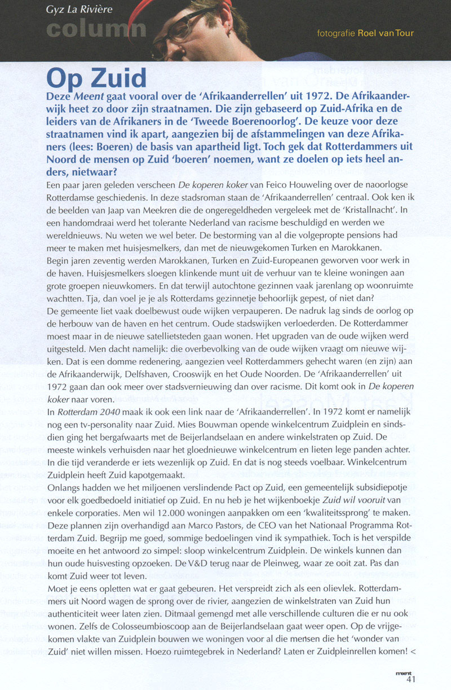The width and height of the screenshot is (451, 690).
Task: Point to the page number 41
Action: click(x=411, y=679)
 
